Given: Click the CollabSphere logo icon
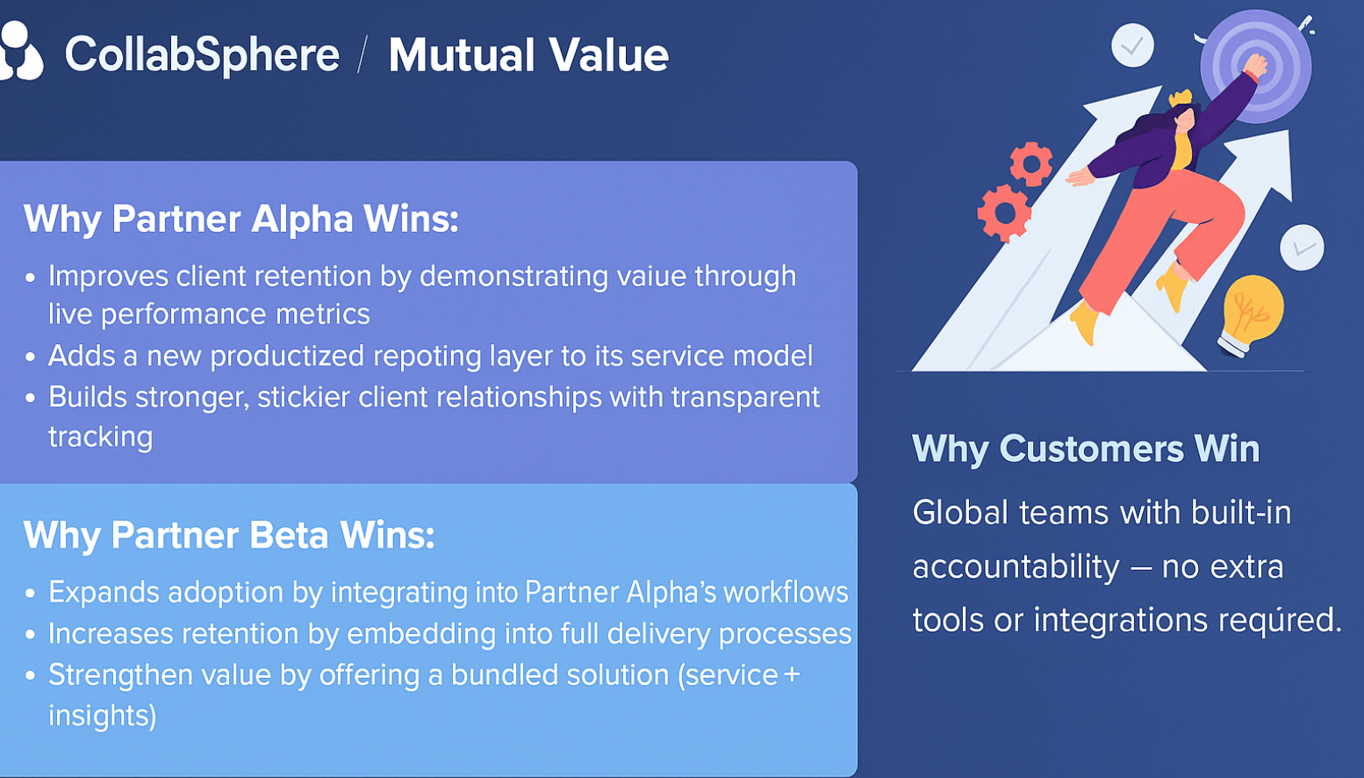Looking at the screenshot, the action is [x=21, y=51].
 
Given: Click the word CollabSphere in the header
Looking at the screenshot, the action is [x=202, y=54].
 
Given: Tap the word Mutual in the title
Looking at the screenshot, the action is [x=460, y=55].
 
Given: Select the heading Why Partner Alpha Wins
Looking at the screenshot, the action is [x=241, y=218].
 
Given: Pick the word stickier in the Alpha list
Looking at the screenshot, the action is [x=303, y=397].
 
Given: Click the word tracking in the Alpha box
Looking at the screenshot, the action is [x=100, y=436].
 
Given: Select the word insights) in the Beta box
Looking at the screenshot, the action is [x=103, y=716].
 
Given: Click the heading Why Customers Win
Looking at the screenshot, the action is [x=1086, y=449].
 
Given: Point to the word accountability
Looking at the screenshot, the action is [x=1016, y=566].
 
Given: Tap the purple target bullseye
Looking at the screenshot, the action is [x=1256, y=66].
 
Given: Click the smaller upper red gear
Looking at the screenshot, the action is [x=1031, y=163].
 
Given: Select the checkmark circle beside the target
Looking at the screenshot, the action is [x=1132, y=45].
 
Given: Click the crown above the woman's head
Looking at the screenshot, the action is [x=1180, y=97].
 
